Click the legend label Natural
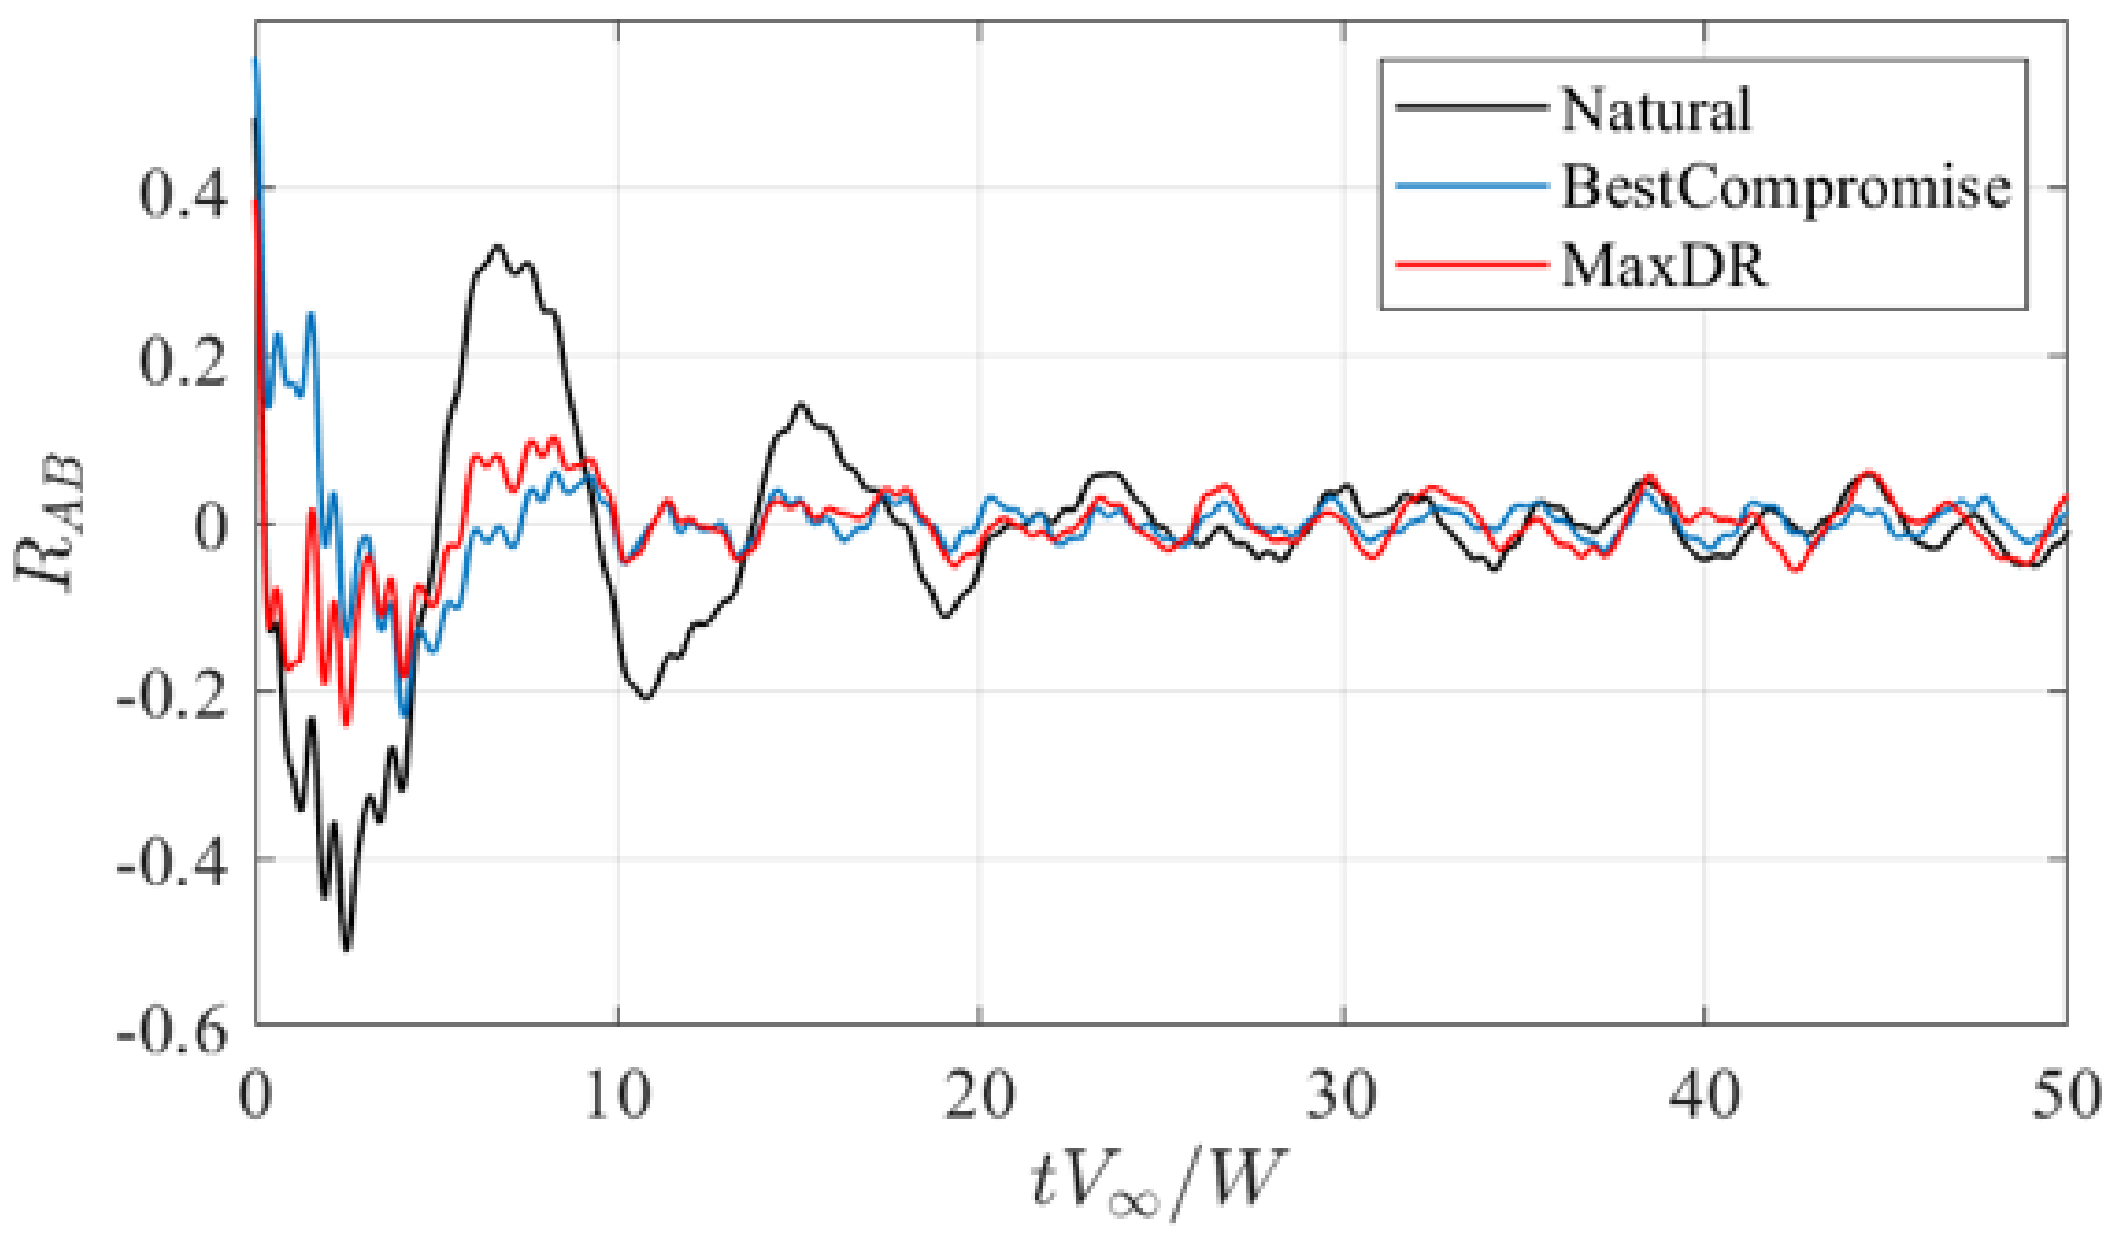[x=1656, y=110]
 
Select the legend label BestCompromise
[x=1786, y=187]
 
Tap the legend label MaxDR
[x=1664, y=266]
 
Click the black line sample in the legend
[x=1470, y=107]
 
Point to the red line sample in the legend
[x=1470, y=265]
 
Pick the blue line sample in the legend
[x=1470, y=186]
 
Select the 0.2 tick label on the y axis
[x=183, y=361]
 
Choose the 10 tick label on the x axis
[x=618, y=1094]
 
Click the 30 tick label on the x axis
[x=1343, y=1094]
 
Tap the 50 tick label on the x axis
[x=2065, y=1094]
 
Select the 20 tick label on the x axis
[x=980, y=1094]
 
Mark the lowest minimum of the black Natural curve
[x=346, y=950]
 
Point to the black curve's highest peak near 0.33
[x=497, y=247]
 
